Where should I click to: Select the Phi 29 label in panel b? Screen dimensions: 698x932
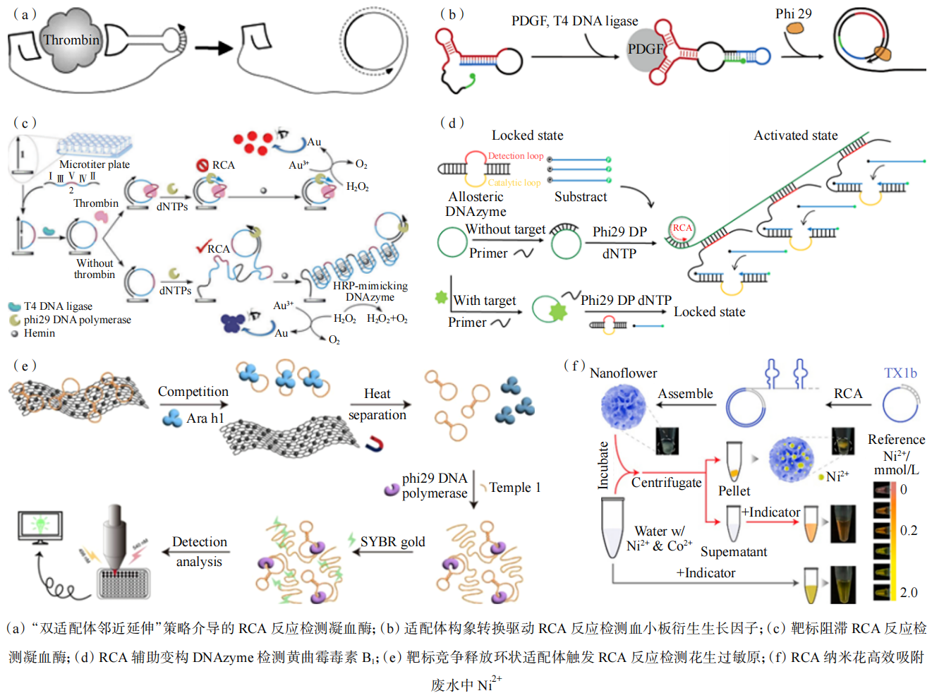[793, 13]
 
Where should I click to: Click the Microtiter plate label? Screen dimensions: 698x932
[95, 164]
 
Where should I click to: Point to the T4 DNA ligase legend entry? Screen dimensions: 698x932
[58, 306]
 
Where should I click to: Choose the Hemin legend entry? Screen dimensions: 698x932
[40, 333]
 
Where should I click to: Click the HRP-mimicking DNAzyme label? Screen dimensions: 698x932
[370, 291]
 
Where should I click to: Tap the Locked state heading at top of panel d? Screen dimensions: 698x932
[527, 135]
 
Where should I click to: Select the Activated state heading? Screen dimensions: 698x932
[795, 135]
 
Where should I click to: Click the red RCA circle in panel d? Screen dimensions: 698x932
[682, 228]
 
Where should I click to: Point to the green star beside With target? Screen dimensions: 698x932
[442, 298]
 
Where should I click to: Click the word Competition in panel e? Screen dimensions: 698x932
[193, 391]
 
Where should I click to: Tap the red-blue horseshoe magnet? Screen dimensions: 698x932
[375, 443]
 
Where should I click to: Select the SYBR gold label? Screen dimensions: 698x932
[392, 541]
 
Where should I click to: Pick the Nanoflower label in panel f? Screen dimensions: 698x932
[623, 373]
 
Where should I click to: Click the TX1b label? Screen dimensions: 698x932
[900, 373]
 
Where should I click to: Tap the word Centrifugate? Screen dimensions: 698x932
[666, 483]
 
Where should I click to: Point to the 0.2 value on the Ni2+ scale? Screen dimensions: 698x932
[908, 530]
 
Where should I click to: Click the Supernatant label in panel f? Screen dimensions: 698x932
[733, 552]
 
